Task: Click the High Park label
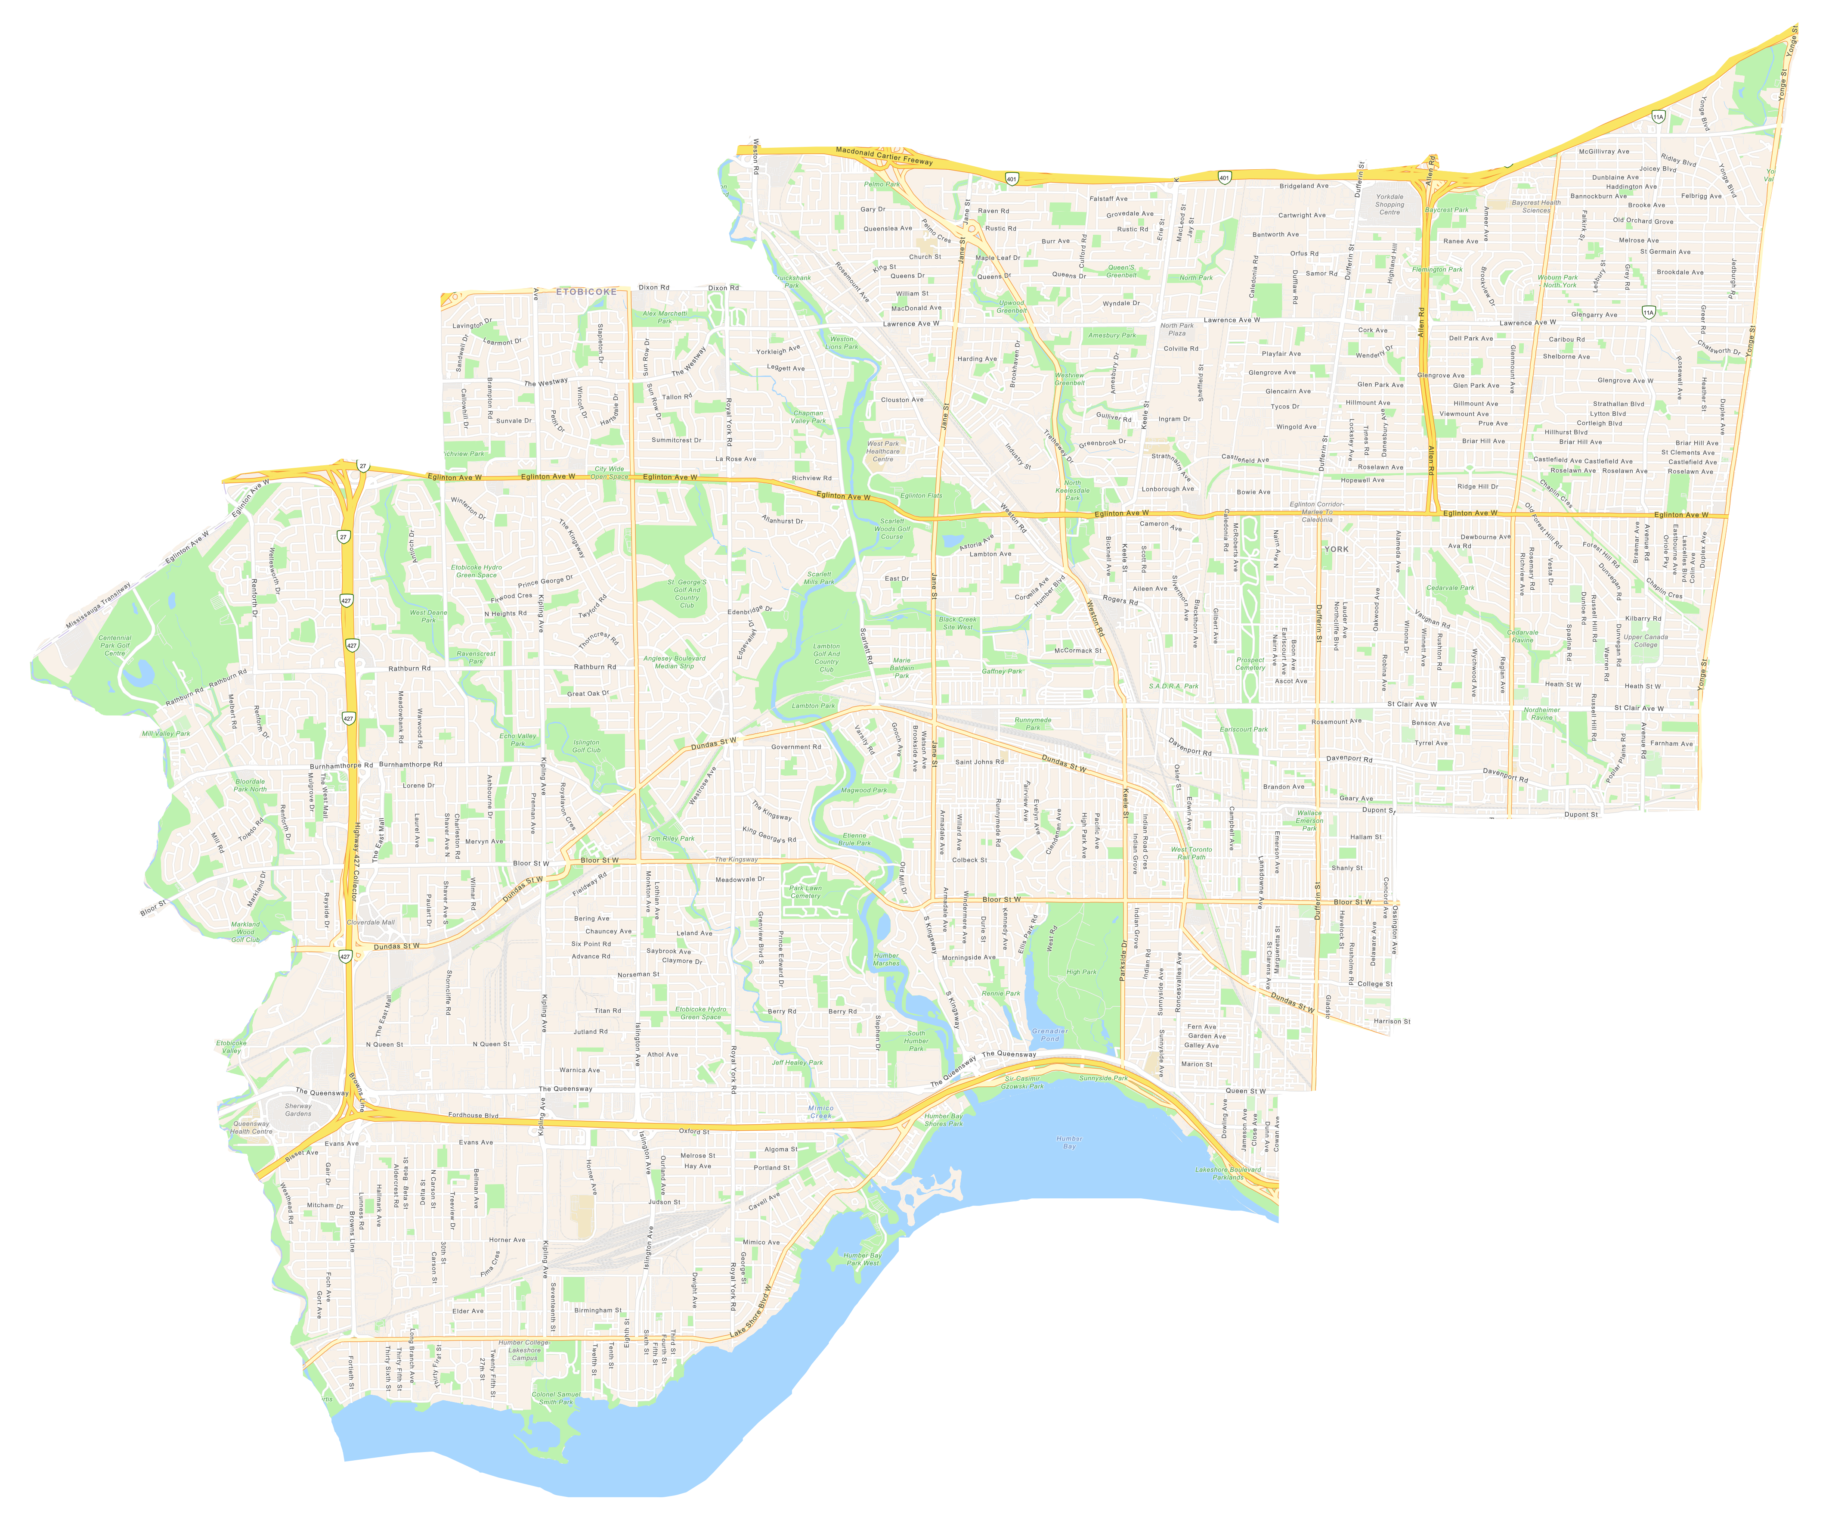(1081, 971)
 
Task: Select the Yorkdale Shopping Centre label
(1389, 204)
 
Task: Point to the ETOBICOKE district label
(586, 292)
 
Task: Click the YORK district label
(1336, 549)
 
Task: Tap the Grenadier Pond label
(1049, 1034)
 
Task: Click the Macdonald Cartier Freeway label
(884, 155)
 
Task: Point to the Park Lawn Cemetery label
(805, 892)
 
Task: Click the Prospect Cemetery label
(1250, 663)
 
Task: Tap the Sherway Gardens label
(298, 1109)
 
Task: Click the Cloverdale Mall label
(371, 922)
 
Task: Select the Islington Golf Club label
(586, 746)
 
